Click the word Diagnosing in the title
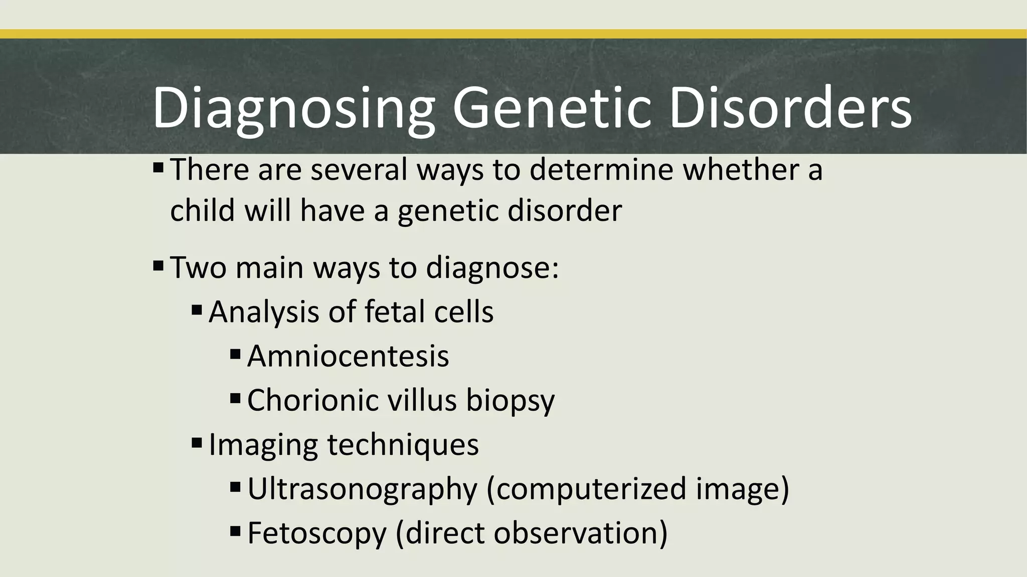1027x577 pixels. pyautogui.click(x=293, y=108)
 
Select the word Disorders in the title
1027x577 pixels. pyautogui.click(x=790, y=107)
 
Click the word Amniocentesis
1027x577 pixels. pyautogui.click(x=348, y=356)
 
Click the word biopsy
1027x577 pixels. pyautogui.click(x=510, y=401)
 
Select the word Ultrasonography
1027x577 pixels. pyautogui.click(x=363, y=489)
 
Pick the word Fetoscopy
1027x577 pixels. pyautogui.click(x=317, y=533)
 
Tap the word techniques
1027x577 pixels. pyautogui.click(x=403, y=445)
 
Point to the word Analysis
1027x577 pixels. pyautogui.click(x=263, y=312)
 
